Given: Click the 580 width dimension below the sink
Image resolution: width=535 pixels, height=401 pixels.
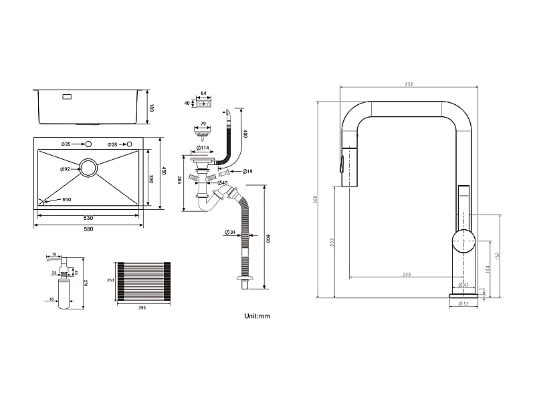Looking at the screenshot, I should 88,229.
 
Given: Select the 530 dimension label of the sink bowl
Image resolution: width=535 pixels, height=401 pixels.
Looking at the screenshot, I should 88,219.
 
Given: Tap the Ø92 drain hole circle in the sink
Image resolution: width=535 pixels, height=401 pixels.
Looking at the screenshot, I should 90,168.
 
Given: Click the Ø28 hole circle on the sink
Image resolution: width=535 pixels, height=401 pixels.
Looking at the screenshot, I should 128,144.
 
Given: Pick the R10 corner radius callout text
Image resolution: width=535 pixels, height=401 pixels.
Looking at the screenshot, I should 67,200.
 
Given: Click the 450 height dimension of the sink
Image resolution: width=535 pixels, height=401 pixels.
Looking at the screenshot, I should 164,170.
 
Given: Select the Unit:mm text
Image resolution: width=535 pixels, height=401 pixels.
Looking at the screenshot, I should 257,315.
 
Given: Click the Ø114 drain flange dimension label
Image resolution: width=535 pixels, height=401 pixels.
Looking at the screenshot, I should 203,148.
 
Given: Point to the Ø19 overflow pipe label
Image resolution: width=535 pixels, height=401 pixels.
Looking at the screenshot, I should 247,172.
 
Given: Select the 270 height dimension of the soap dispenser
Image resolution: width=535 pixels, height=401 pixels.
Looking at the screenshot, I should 86,283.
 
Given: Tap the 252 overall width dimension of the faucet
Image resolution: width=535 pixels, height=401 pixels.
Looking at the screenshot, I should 409,84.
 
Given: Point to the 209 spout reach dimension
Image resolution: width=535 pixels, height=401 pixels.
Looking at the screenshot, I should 407,274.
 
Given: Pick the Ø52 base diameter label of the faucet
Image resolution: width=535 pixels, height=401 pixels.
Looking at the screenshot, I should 463,303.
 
